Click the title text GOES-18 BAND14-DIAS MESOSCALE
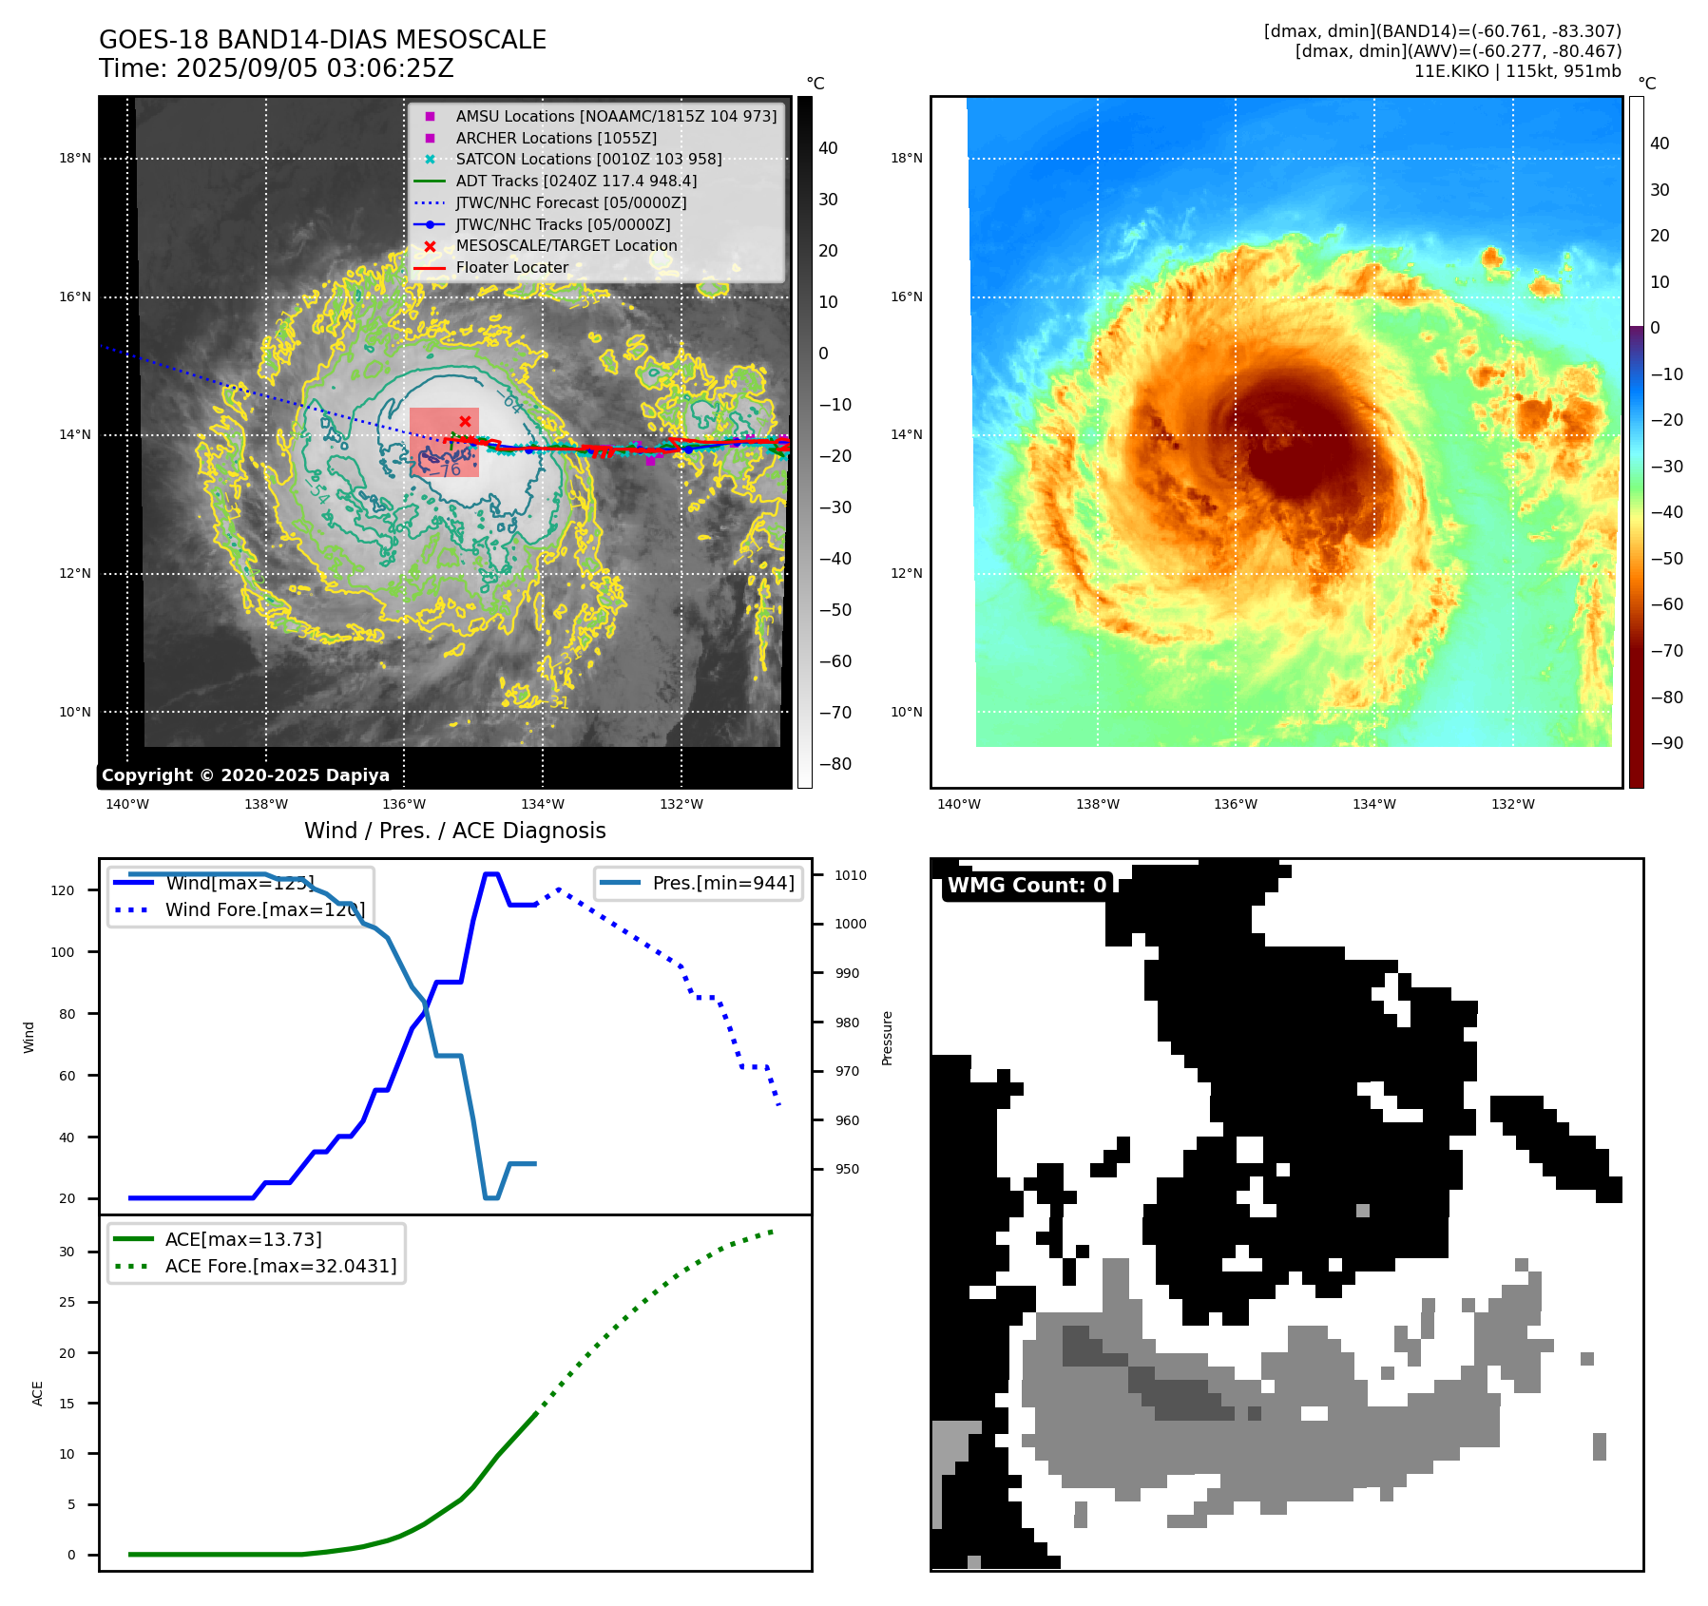[322, 40]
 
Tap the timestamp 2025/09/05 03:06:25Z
[315, 69]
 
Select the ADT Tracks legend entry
[576, 181]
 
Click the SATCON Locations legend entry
[588, 159]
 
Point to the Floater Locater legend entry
[511, 268]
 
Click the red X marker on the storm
[465, 421]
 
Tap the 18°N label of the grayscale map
[75, 159]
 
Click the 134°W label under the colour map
[1373, 805]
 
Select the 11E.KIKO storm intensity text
[1517, 71]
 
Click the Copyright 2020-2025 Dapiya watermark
[245, 775]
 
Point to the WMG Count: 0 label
[1027, 886]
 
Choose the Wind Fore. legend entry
[264, 909]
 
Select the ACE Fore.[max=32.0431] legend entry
[280, 1266]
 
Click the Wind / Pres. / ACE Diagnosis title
[454, 831]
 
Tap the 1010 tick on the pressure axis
[851, 875]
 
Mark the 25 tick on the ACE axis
[67, 1302]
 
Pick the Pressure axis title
[887, 1038]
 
